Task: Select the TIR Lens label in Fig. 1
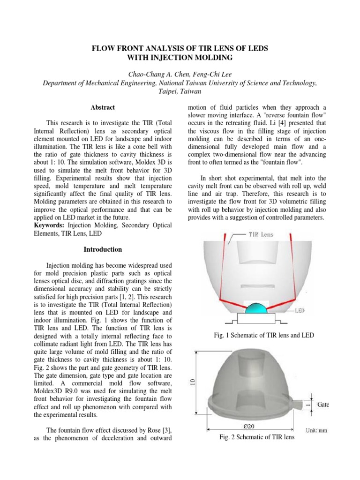(261, 234)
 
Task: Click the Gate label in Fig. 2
(323, 404)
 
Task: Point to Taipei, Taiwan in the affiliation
(180, 91)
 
